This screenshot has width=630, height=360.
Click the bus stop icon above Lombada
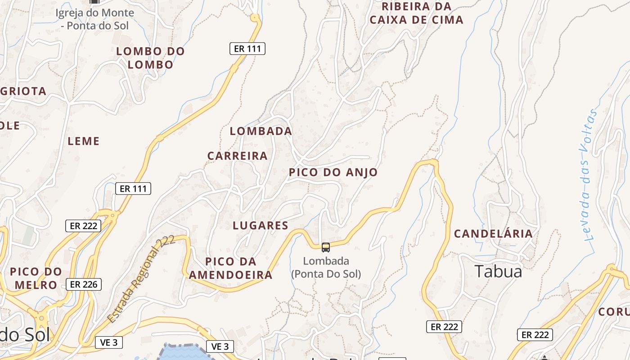[x=325, y=247]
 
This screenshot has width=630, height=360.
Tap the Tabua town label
[x=498, y=271]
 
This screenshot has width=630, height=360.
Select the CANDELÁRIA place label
[x=493, y=234]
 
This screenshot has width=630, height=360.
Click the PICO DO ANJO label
[x=333, y=172]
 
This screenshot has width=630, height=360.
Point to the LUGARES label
[x=261, y=225]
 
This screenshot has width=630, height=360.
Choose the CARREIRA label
[x=238, y=156]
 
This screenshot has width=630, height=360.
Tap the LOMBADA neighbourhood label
[x=261, y=131]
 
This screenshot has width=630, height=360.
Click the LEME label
[x=83, y=141]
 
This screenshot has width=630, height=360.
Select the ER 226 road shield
[x=84, y=284]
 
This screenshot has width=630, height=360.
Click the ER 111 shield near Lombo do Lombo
[x=247, y=49]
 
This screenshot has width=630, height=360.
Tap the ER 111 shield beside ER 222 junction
[x=133, y=189]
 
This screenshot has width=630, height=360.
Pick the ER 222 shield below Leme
[x=83, y=226]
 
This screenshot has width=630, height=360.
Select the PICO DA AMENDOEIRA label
[x=230, y=268]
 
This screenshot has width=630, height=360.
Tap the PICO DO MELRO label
[x=36, y=278]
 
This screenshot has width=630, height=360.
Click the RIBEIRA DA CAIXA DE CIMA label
[x=416, y=13]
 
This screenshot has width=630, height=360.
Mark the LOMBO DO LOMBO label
[x=150, y=58]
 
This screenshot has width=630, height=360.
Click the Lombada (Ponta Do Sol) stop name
[x=326, y=267]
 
